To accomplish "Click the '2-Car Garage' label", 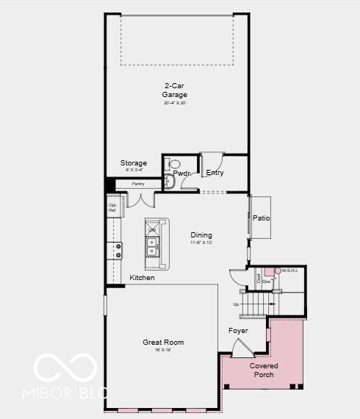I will pyautogui.click(x=175, y=90).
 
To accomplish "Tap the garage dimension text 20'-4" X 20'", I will pyautogui.click(x=175, y=103).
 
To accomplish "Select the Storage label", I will pyautogui.click(x=134, y=163).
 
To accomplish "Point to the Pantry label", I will pyautogui.click(x=138, y=184).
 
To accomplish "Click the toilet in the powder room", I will pyautogui.click(x=174, y=165).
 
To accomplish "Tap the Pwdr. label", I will pyautogui.click(x=181, y=173).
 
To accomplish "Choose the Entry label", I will pyautogui.click(x=215, y=173).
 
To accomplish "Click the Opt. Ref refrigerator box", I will pyautogui.click(x=112, y=208).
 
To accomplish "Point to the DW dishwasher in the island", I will pyautogui.click(x=152, y=230).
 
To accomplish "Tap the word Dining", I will pyautogui.click(x=201, y=235).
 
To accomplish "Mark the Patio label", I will pyautogui.click(x=261, y=218).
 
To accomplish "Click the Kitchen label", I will pyautogui.click(x=142, y=278).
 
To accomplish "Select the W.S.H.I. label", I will pyautogui.click(x=289, y=271).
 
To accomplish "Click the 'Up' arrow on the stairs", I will pyautogui.click(x=237, y=304).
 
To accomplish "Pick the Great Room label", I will pyautogui.click(x=163, y=343).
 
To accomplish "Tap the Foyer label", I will pyautogui.click(x=237, y=331).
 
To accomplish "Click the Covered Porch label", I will pyautogui.click(x=263, y=370).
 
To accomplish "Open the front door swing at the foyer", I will pyautogui.click(x=240, y=348).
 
